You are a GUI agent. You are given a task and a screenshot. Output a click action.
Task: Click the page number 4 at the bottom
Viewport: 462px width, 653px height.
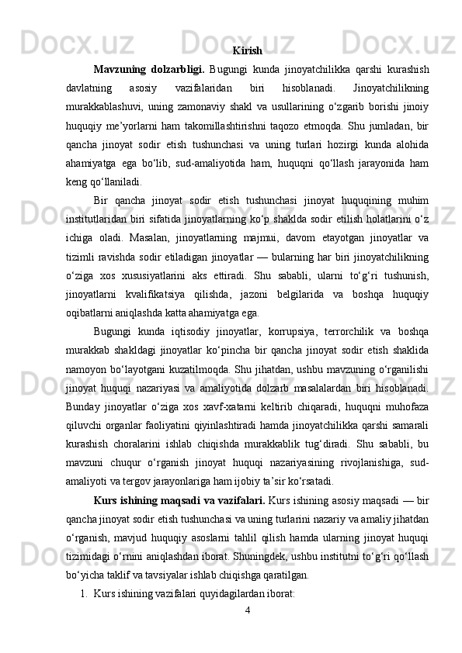click(x=247, y=611)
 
